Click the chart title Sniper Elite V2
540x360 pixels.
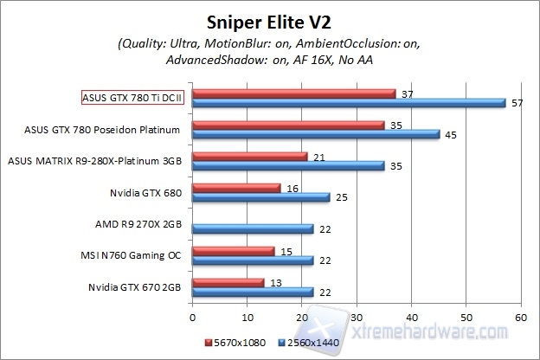269,19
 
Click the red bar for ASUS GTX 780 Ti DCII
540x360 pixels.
293,93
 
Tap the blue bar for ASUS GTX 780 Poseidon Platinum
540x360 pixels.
315,134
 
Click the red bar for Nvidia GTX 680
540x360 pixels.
236,188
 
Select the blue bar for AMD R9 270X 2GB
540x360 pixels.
252,228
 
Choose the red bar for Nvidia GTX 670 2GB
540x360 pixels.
228,282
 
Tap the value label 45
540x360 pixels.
448,134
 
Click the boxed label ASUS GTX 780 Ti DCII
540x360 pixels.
134,98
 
